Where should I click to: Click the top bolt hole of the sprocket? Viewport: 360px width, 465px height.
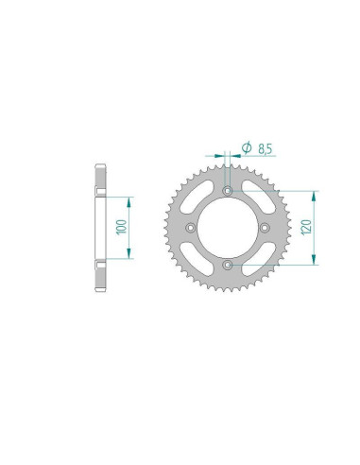[227, 190]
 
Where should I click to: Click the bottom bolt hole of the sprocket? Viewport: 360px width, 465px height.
[227, 266]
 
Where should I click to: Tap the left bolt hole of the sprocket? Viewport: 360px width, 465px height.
[189, 228]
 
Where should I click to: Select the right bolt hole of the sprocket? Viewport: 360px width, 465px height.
[265, 228]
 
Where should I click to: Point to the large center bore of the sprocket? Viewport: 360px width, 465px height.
[227, 228]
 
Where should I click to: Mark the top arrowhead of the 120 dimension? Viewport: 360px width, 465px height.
[310, 193]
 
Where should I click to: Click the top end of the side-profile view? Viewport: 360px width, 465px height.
[98, 165]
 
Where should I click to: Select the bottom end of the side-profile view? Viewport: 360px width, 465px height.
[98, 290]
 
